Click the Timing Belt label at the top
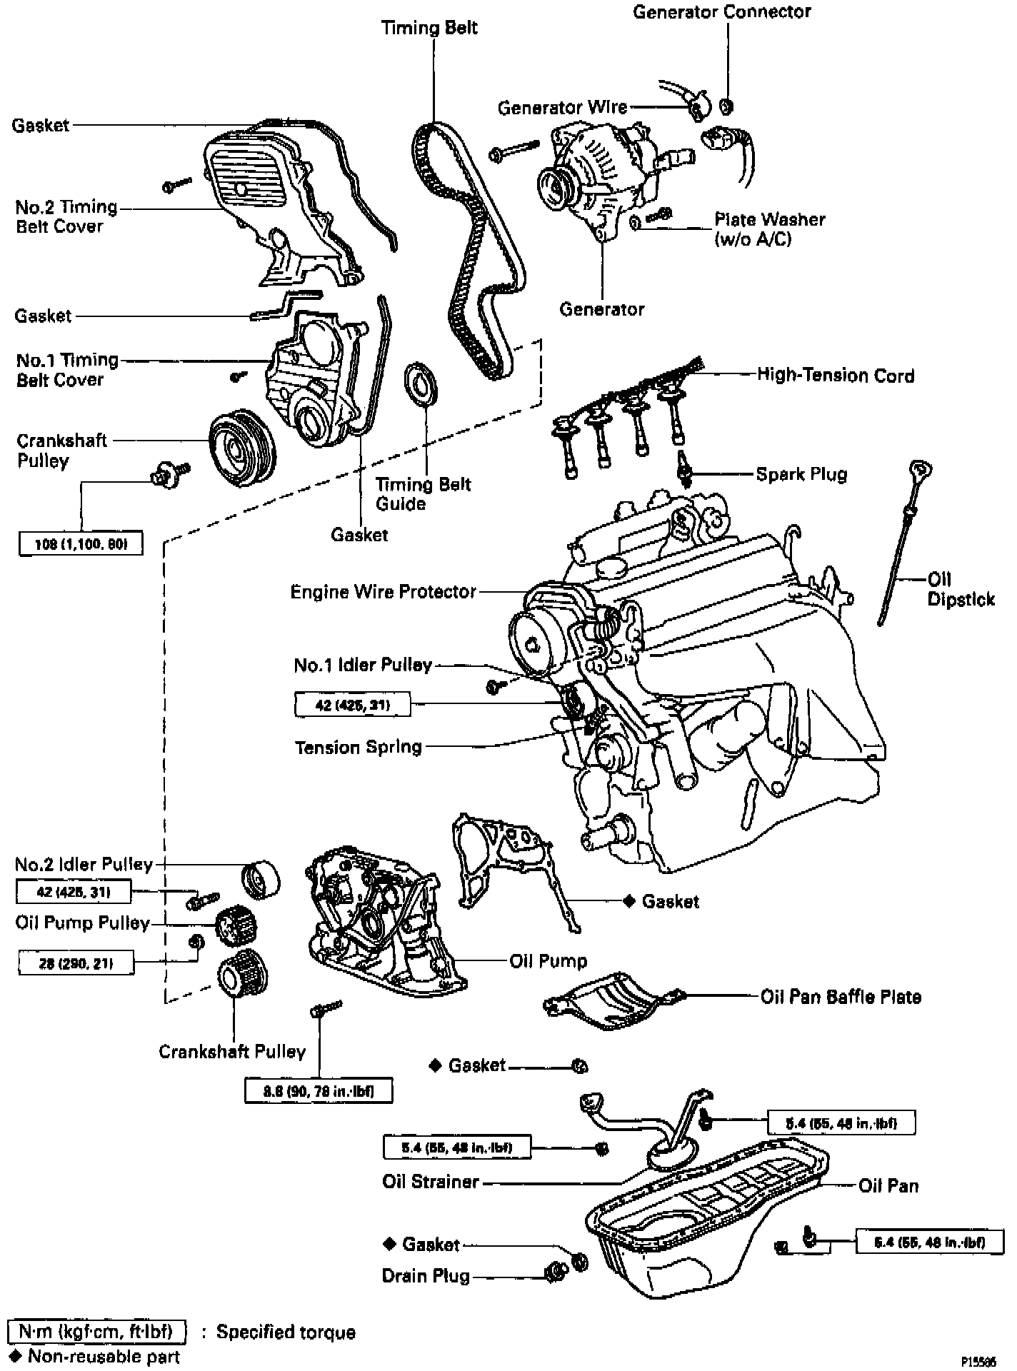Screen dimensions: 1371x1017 pyautogui.click(x=429, y=28)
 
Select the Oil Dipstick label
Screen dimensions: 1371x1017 pyautogui.click(x=960, y=589)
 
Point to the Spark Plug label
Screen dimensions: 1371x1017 pyautogui.click(x=801, y=474)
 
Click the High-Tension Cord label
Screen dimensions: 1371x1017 pyautogui.click(x=835, y=376)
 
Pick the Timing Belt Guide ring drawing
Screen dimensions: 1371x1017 pyautogui.click(x=422, y=386)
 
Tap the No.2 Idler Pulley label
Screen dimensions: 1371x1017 pyautogui.click(x=84, y=865)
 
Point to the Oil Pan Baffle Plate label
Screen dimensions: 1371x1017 pyautogui.click(x=841, y=997)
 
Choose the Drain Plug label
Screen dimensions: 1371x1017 pyautogui.click(x=426, y=1276)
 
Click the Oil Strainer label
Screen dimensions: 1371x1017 pyautogui.click(x=430, y=1182)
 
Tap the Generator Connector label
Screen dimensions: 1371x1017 pyautogui.click(x=722, y=12)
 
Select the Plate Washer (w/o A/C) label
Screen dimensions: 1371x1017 pyautogui.click(x=769, y=229)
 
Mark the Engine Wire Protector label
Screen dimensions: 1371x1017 pyautogui.click(x=383, y=592)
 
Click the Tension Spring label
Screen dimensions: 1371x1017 pyautogui.click(x=359, y=748)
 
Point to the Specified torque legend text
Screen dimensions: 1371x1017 pyautogui.click(x=286, y=1332)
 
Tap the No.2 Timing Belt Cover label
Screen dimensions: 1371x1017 pyautogui.click(x=66, y=216)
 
